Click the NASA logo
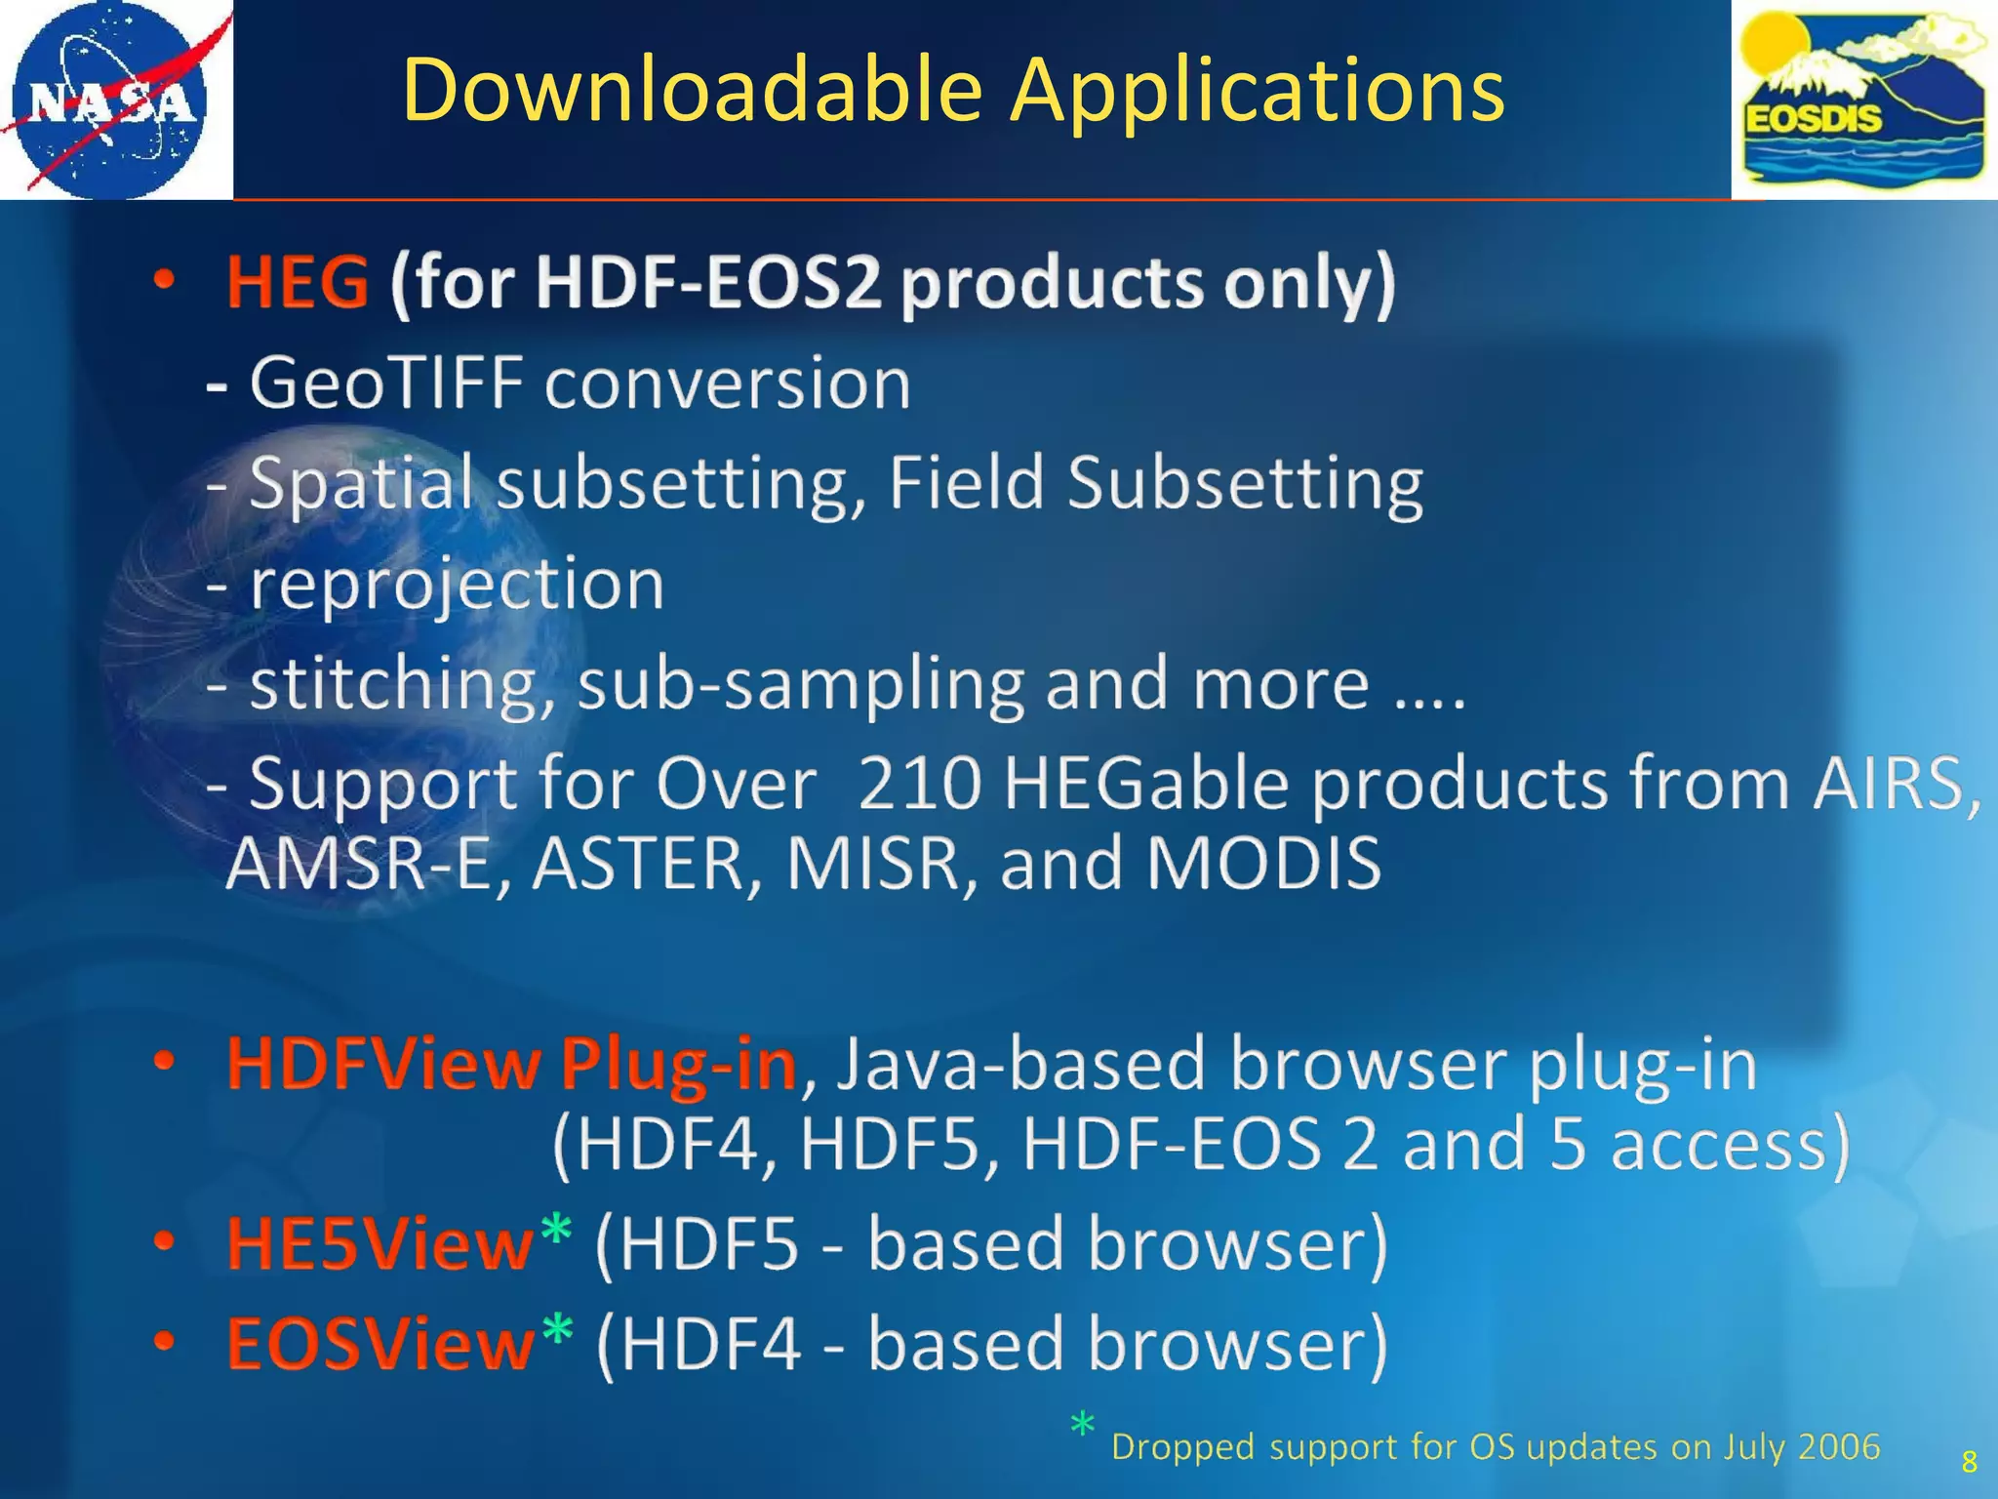point(109,100)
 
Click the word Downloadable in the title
point(692,90)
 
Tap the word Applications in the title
point(1258,90)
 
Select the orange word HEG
point(298,282)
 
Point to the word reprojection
point(457,585)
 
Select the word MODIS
point(1263,864)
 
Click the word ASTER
point(638,864)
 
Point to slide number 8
point(1969,1462)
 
